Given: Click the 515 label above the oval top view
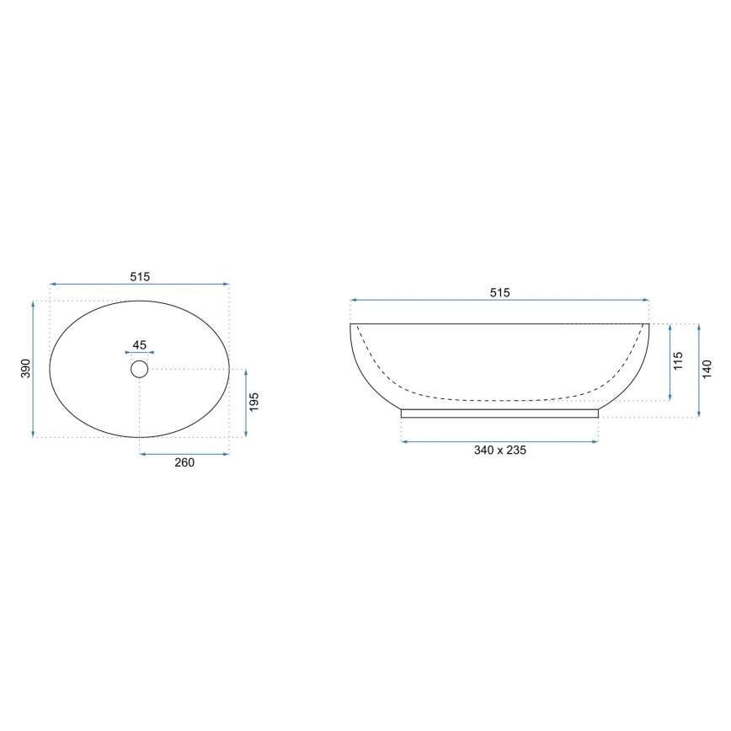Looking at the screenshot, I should [x=139, y=276].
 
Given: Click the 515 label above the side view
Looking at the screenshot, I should [x=499, y=292].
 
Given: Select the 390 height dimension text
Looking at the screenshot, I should [x=25, y=368].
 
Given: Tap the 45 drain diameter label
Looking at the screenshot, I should [x=140, y=344].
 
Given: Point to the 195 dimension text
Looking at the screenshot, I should [x=254, y=403].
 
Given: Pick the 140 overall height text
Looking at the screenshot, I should [x=707, y=369].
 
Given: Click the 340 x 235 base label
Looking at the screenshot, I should [x=499, y=451].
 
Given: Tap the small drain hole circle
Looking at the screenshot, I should [x=140, y=369].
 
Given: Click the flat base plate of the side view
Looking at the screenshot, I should [x=499, y=413].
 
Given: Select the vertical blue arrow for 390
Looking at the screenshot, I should [x=34, y=368].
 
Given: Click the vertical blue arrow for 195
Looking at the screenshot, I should [x=245, y=403].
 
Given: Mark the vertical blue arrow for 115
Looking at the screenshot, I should [x=670, y=363].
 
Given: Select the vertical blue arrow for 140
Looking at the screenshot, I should [x=699, y=371].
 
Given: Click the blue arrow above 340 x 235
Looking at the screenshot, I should [x=499, y=441].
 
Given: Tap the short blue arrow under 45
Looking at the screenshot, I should [x=140, y=353].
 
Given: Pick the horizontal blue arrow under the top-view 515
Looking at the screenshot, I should [x=139, y=285].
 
